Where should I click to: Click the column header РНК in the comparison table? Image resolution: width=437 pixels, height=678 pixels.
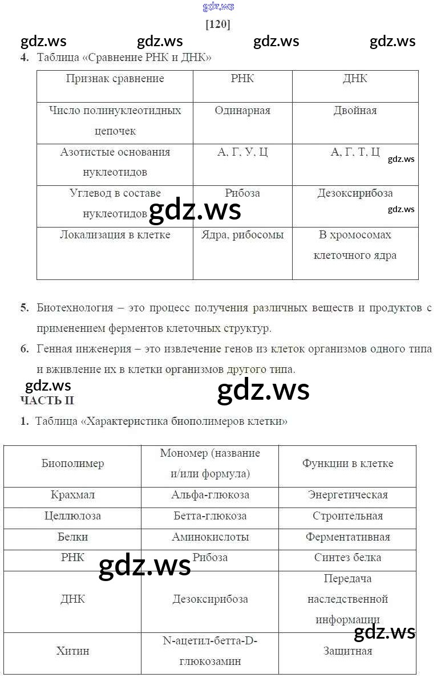click(x=242, y=79)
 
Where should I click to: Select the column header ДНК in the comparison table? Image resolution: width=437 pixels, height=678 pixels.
click(x=355, y=79)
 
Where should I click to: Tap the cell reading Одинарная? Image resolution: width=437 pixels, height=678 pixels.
click(x=242, y=111)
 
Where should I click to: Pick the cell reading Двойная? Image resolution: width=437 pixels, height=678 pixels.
click(x=355, y=111)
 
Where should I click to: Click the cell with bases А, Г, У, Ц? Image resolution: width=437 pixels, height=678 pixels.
click(x=242, y=152)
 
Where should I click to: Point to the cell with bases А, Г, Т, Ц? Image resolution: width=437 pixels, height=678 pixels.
click(x=355, y=152)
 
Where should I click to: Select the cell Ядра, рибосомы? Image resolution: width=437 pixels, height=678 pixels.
click(x=242, y=235)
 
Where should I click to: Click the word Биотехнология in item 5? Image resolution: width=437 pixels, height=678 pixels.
click(x=75, y=308)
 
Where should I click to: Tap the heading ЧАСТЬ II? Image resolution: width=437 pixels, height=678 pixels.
click(x=47, y=400)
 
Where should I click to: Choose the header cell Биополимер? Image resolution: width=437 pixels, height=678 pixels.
click(x=72, y=464)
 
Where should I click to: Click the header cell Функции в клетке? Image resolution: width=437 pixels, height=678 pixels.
click(x=347, y=464)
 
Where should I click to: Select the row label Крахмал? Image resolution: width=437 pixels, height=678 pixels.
click(x=72, y=495)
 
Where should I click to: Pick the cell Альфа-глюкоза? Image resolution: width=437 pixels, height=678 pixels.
click(x=210, y=495)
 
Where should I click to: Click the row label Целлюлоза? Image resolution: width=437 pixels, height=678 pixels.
click(x=72, y=516)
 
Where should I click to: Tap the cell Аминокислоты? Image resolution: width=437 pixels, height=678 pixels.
click(x=210, y=537)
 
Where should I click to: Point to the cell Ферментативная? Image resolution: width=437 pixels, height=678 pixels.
click(x=347, y=537)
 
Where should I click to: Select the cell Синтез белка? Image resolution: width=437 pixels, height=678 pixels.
click(x=347, y=558)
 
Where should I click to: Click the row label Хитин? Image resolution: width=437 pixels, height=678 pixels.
click(x=72, y=651)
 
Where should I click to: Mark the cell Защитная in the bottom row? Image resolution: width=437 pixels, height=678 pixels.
click(x=347, y=651)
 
